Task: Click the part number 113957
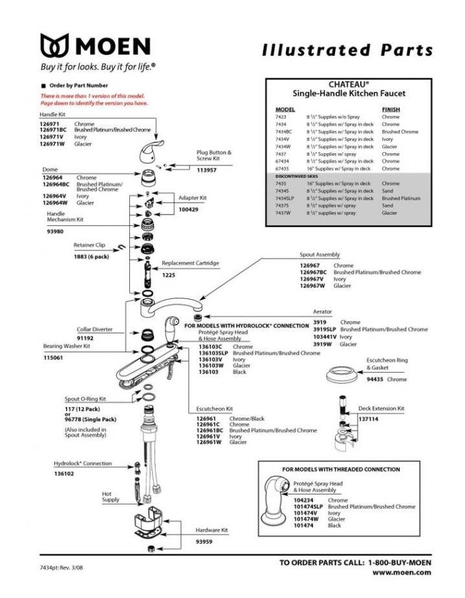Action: click(x=207, y=170)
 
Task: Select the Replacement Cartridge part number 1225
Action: click(x=169, y=275)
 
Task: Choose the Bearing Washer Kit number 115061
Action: click(x=53, y=358)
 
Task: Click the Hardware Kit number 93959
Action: click(x=206, y=541)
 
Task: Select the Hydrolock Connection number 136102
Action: click(x=63, y=474)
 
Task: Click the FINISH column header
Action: click(x=391, y=109)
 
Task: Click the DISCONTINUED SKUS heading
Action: click(x=296, y=176)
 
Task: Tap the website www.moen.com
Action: click(x=402, y=573)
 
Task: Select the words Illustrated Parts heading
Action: click(x=347, y=50)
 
